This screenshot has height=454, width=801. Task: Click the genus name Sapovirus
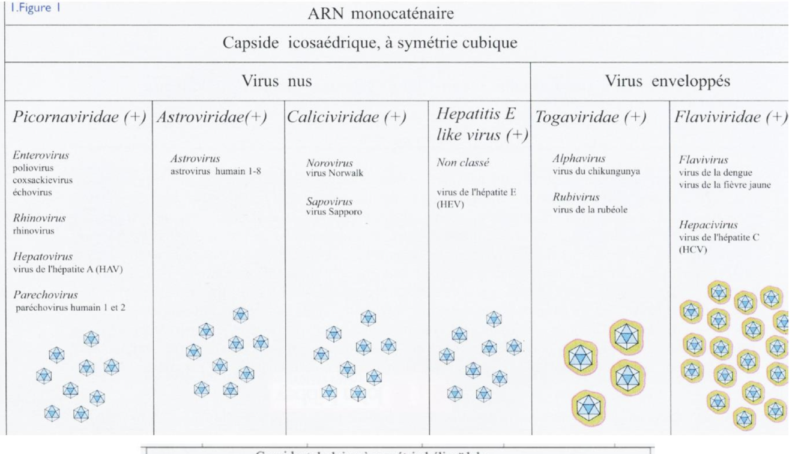pyautogui.click(x=327, y=202)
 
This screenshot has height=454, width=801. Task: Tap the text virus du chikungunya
pyautogui.click(x=597, y=170)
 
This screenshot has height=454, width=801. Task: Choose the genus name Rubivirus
pyautogui.click(x=574, y=197)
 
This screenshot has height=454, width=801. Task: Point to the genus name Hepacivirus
pyautogui.click(x=704, y=226)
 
